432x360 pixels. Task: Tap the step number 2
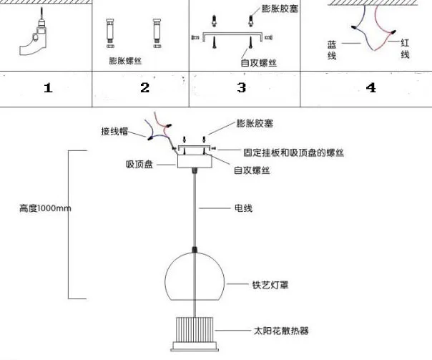tap(145, 87)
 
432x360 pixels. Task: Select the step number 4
tap(370, 87)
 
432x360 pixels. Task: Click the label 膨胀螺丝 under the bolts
tap(125, 61)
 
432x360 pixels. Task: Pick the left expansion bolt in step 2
tap(110, 33)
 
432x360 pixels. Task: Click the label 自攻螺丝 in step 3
tap(259, 62)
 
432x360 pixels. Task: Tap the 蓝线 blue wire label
tap(332, 50)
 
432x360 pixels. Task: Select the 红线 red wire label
tap(405, 49)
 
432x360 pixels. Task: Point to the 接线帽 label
tap(114, 131)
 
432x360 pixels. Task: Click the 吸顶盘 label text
tap(139, 165)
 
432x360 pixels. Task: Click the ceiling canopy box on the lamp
tap(195, 161)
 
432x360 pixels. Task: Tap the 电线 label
tap(243, 208)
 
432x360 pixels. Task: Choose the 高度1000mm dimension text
tap(45, 208)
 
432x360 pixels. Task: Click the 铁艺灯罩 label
tap(270, 285)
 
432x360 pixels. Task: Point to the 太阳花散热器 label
tap(281, 331)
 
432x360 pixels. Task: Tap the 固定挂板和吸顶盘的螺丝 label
tap(294, 152)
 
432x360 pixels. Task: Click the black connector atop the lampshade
tap(195, 250)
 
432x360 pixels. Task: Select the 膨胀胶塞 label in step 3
tap(280, 9)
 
